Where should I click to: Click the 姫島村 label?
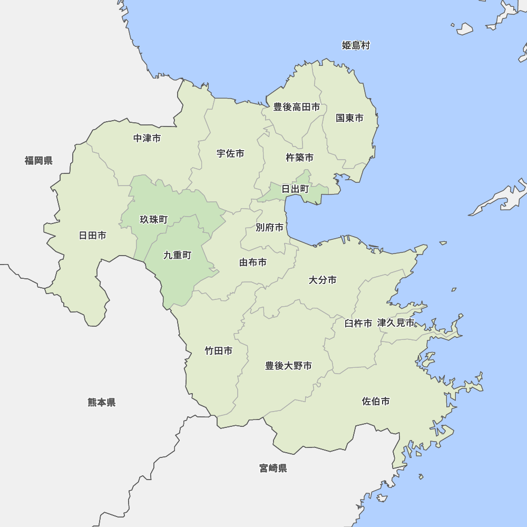pyautogui.click(x=356, y=45)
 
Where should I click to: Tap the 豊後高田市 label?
pyautogui.click(x=297, y=107)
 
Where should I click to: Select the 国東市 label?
pyautogui.click(x=350, y=118)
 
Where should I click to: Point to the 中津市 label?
pyautogui.click(x=147, y=138)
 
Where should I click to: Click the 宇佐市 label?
pyautogui.click(x=230, y=153)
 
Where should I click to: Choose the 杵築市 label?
pyautogui.click(x=299, y=157)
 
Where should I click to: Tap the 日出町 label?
pyautogui.click(x=295, y=189)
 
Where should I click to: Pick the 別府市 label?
pyautogui.click(x=269, y=227)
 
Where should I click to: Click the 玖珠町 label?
pyautogui.click(x=153, y=219)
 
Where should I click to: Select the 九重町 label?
pyautogui.click(x=177, y=255)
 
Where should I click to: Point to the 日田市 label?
pyautogui.click(x=92, y=235)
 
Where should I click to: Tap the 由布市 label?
pyautogui.click(x=253, y=262)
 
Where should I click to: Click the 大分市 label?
pyautogui.click(x=323, y=280)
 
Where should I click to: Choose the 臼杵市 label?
pyautogui.click(x=358, y=323)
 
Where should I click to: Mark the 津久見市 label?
pyautogui.click(x=396, y=323)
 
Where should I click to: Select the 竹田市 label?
pyautogui.click(x=218, y=350)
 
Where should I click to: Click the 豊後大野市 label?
pyautogui.click(x=288, y=365)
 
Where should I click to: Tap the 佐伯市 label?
pyautogui.click(x=376, y=401)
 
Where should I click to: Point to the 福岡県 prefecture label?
pyautogui.click(x=38, y=160)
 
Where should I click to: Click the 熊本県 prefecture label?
pyautogui.click(x=102, y=402)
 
